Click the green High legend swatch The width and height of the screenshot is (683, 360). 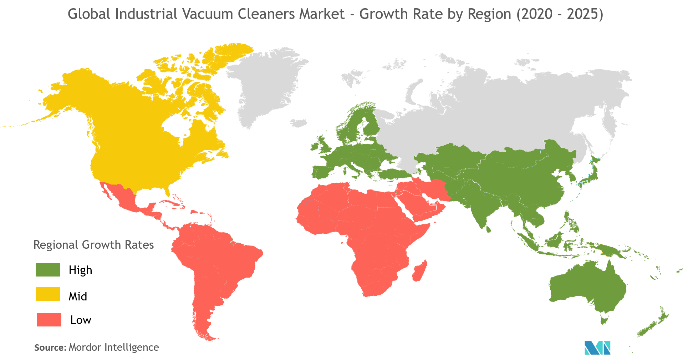(48, 270)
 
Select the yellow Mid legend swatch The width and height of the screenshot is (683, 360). (48, 294)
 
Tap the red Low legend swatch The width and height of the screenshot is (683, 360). (49, 320)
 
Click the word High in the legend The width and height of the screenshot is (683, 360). (80, 270)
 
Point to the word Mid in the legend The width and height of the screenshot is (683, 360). (78, 296)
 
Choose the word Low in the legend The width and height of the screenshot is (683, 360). (81, 320)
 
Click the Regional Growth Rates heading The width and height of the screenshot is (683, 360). (93, 245)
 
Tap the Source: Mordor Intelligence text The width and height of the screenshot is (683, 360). (96, 347)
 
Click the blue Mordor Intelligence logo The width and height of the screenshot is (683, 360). (597, 348)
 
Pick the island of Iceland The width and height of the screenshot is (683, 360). (299, 123)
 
